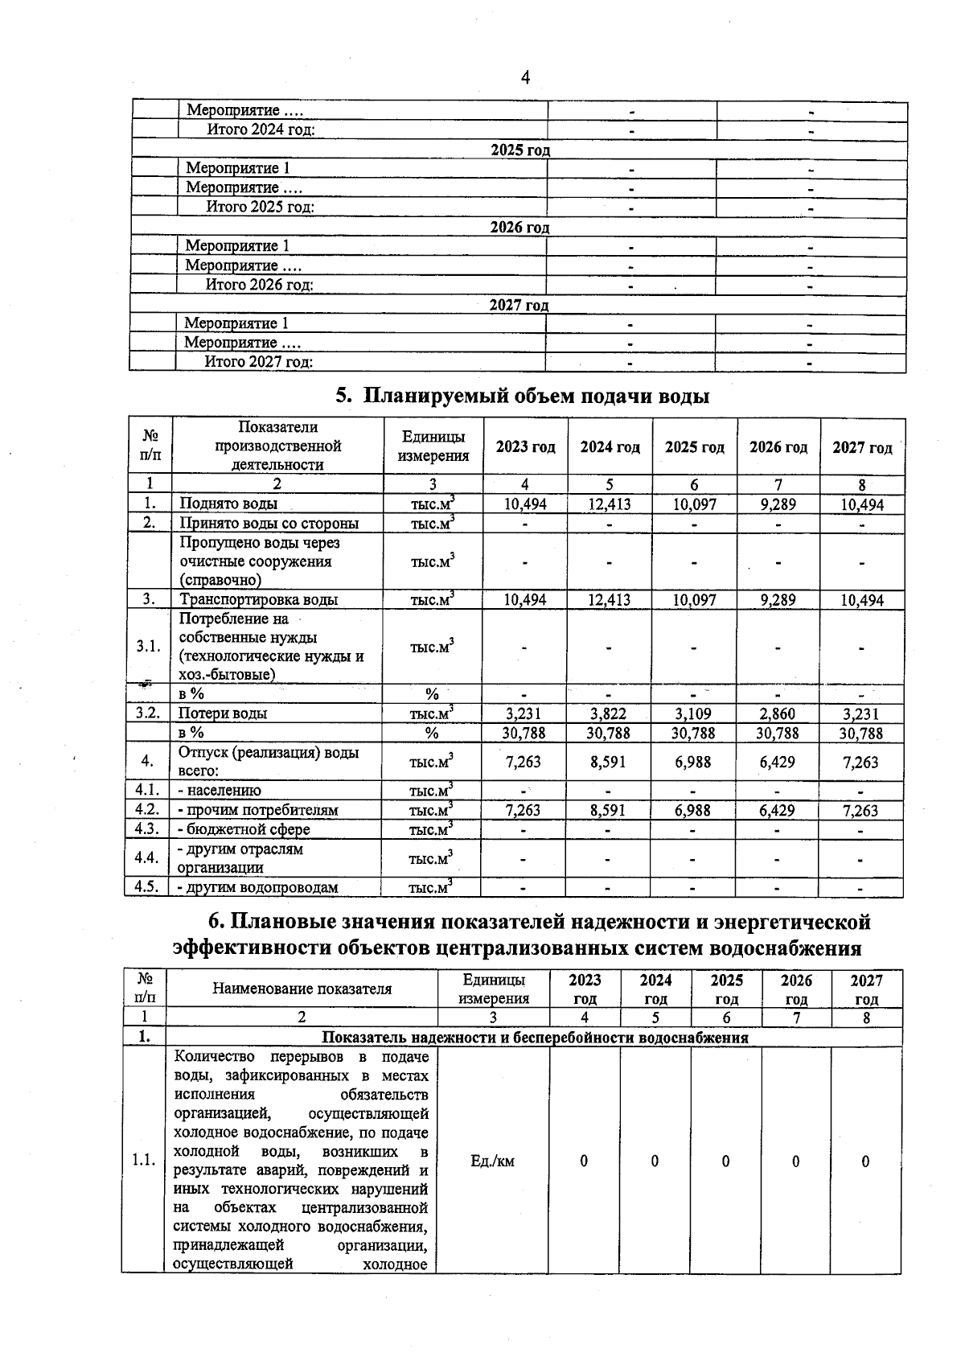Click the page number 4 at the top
(525, 78)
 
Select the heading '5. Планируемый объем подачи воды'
(522, 396)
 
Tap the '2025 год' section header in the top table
(520, 150)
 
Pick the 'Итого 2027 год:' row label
(258, 362)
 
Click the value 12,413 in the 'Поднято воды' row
(610, 504)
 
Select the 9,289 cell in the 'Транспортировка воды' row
(777, 600)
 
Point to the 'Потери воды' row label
(223, 713)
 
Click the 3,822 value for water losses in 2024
(608, 713)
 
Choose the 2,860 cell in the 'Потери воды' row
(777, 713)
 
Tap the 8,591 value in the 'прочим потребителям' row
(608, 811)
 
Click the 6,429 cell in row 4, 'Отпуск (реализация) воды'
(777, 762)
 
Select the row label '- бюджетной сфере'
(244, 829)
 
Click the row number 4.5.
(147, 887)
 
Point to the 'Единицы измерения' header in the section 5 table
(433, 446)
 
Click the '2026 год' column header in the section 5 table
(778, 447)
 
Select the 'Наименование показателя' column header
(302, 989)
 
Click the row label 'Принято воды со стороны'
(269, 524)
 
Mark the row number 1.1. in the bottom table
(144, 1160)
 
